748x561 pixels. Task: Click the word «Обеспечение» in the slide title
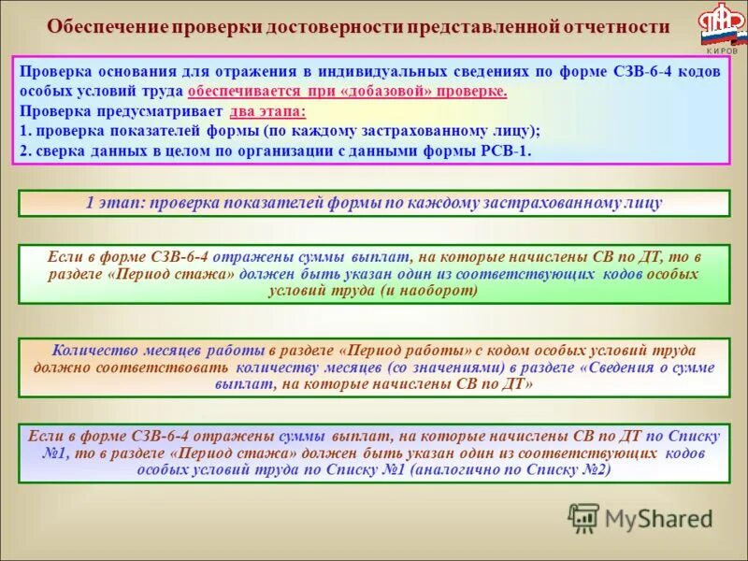coord(105,27)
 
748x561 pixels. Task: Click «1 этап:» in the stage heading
coord(115,202)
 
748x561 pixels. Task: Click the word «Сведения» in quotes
coord(620,367)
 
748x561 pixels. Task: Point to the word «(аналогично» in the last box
coord(459,470)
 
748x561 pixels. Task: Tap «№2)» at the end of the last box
coord(593,470)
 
